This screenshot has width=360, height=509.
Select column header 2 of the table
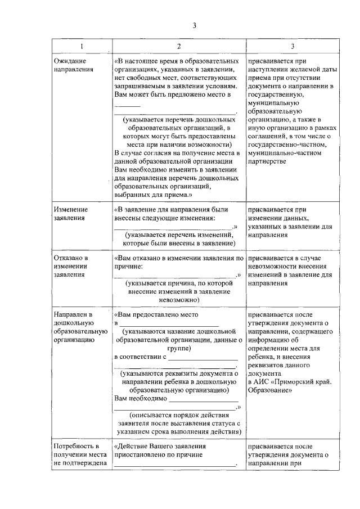(178, 46)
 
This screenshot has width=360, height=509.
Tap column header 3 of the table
(292, 46)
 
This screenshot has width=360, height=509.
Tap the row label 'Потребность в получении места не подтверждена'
(80, 455)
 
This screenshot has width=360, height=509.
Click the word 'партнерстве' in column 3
(267, 161)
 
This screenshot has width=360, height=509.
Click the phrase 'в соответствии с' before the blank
(140, 357)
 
